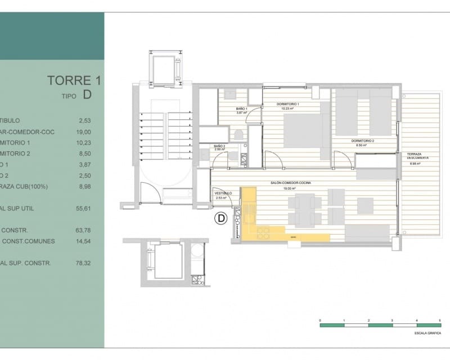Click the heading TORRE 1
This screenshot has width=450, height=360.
point(70,80)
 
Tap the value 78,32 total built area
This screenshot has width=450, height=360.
point(83,263)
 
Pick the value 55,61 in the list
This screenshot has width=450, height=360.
point(83,208)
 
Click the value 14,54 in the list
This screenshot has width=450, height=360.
point(83,241)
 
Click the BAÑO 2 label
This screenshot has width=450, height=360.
point(219,147)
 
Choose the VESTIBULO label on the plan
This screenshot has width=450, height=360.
point(223,193)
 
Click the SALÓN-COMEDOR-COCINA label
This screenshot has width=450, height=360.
point(291,183)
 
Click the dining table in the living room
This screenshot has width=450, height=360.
point(305,209)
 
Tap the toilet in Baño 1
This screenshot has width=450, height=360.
point(238,135)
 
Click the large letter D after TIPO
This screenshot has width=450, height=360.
point(87,94)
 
